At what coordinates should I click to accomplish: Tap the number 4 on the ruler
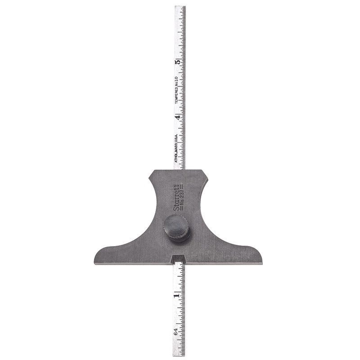pos(178,117)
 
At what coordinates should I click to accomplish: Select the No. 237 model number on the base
pos(181,197)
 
